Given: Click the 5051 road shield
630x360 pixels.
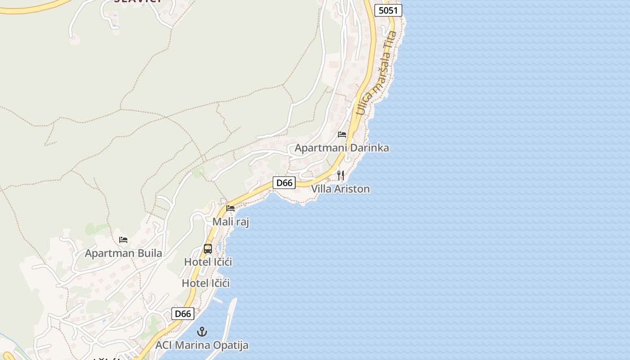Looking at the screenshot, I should (388, 10).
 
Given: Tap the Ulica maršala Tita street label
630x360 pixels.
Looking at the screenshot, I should (377, 72).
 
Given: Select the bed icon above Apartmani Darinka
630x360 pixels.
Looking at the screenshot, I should (342, 134).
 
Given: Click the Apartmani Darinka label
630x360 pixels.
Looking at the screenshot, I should (342, 148).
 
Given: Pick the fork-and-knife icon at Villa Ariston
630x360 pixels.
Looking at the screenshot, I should (341, 175).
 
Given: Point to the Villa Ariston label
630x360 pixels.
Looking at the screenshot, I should (340, 189).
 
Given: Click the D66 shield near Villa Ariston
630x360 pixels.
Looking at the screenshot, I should (284, 183).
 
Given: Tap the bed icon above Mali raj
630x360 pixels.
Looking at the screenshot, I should (230, 208).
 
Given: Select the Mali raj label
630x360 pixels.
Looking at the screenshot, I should (230, 221).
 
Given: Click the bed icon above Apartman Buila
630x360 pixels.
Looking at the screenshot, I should (123, 240).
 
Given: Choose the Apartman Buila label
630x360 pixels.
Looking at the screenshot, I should (123, 253).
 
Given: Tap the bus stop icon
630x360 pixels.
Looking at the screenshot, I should (208, 248).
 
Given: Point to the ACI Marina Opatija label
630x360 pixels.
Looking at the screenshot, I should (202, 346).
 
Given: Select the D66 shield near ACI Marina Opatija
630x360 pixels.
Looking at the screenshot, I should (183, 314).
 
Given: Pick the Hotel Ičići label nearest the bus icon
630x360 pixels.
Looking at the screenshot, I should (208, 261).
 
